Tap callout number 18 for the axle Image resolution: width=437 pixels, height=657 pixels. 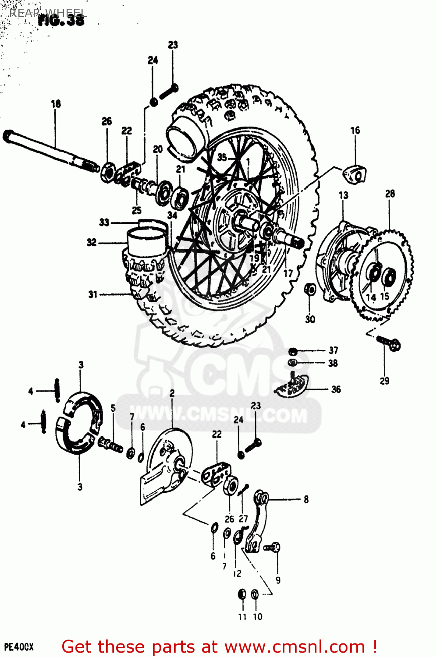[56, 104]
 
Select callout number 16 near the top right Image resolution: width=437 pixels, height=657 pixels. [355, 130]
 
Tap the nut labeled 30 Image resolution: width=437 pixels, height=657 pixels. [310, 289]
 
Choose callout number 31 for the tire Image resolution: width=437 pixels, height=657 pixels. [92, 294]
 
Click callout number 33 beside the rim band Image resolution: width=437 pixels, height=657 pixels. [104, 222]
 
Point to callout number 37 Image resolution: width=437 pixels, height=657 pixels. [334, 350]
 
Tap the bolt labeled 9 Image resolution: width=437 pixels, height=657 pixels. [273, 547]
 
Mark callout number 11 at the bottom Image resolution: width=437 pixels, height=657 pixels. [242, 617]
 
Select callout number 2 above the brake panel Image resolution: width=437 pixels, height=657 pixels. [172, 393]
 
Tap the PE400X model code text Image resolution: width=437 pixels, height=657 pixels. [18, 647]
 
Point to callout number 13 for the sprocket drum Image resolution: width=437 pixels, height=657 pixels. [343, 195]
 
